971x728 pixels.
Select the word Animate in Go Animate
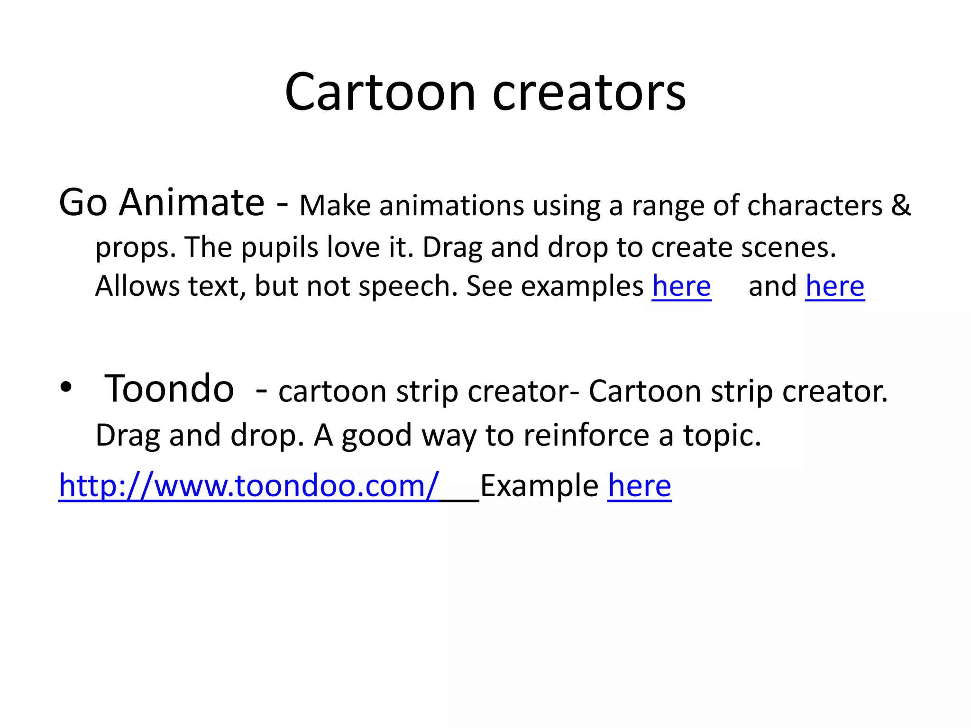coord(192,203)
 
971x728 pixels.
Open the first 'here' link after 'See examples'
coord(681,287)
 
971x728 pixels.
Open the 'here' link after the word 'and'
coord(835,287)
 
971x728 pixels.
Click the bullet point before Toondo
coord(66,388)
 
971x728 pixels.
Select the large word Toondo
coord(169,389)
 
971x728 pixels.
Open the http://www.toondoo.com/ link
coord(248,486)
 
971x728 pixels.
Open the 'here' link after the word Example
coord(639,486)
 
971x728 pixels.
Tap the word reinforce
coord(586,435)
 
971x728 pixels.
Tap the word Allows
coord(137,287)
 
